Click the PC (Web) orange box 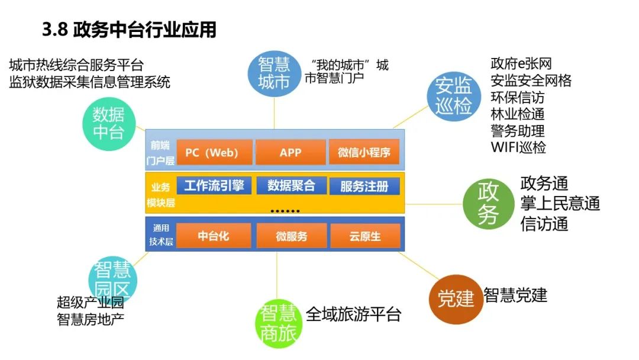pyautogui.click(x=211, y=152)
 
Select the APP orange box pyautogui.click(x=291, y=152)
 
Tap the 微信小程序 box pyautogui.click(x=364, y=152)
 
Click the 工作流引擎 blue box pyautogui.click(x=214, y=186)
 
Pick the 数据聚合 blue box pyautogui.click(x=291, y=186)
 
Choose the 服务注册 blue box pyautogui.click(x=364, y=187)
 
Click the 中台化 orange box pyautogui.click(x=214, y=236)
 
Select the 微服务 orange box pyautogui.click(x=291, y=236)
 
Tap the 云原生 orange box pyautogui.click(x=364, y=236)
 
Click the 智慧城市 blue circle pyautogui.click(x=274, y=72)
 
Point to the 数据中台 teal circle pyautogui.click(x=108, y=124)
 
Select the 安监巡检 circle pyautogui.click(x=454, y=97)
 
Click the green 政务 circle pyautogui.click(x=488, y=203)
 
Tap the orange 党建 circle pyautogui.click(x=456, y=298)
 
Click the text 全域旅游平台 pyautogui.click(x=353, y=314)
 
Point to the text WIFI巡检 pyautogui.click(x=518, y=147)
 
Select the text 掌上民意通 pyautogui.click(x=560, y=204)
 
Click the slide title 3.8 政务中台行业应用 pyautogui.click(x=129, y=30)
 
